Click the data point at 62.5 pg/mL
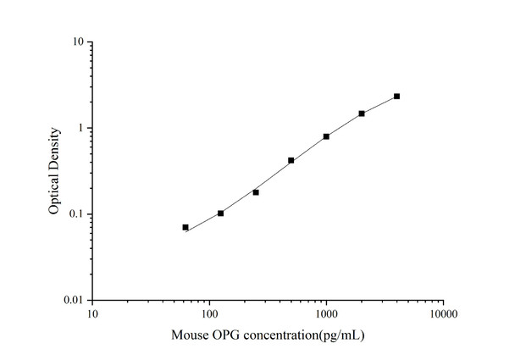click(x=186, y=227)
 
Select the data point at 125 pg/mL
click(x=221, y=213)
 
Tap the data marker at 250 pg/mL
click(x=256, y=192)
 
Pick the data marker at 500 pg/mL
click(x=291, y=160)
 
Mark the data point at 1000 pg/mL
click(x=326, y=136)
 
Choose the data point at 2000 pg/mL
click(x=362, y=114)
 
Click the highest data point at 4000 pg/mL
click(x=396, y=97)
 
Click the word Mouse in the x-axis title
click(x=189, y=335)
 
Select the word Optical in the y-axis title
click(x=54, y=194)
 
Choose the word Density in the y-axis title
click(x=54, y=150)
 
